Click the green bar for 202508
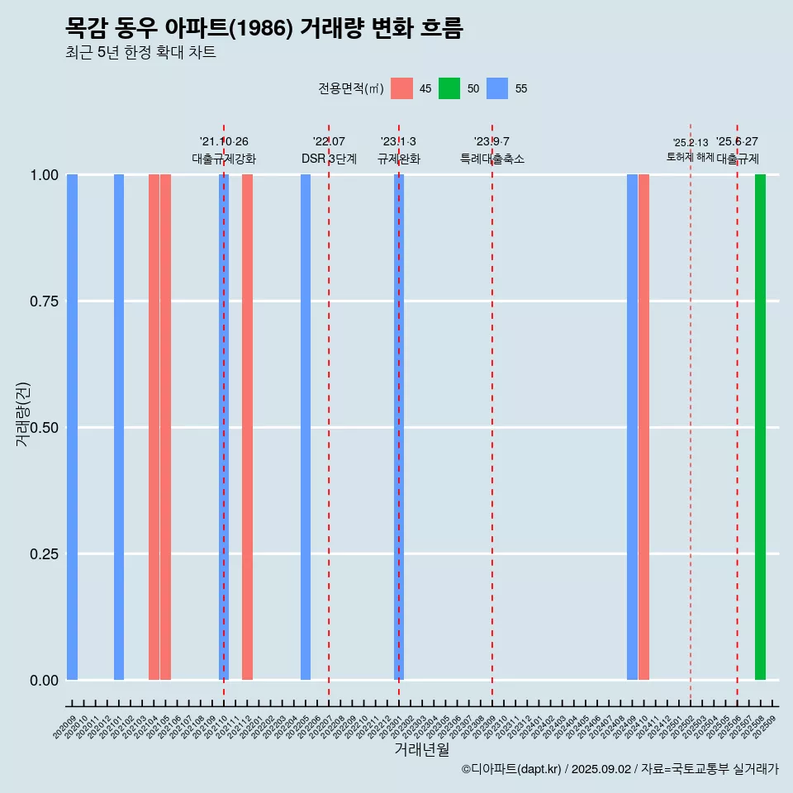tap(760, 427)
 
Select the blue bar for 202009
tap(72, 427)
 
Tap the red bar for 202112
tap(247, 427)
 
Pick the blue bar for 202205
tap(306, 427)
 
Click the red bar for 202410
tap(643, 427)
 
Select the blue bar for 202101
tap(119, 427)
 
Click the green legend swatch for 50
tap(449, 88)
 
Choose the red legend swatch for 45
tap(401, 88)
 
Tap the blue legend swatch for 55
tap(497, 88)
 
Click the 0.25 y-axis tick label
tap(43, 553)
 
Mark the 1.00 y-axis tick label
tap(43, 175)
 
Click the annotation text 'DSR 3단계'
tap(329, 159)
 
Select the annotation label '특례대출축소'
tap(492, 159)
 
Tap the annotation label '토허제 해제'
tap(690, 157)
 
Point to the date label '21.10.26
tap(224, 142)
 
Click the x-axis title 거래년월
tap(421, 749)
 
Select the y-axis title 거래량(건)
tap(23, 415)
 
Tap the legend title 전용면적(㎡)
tap(350, 88)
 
